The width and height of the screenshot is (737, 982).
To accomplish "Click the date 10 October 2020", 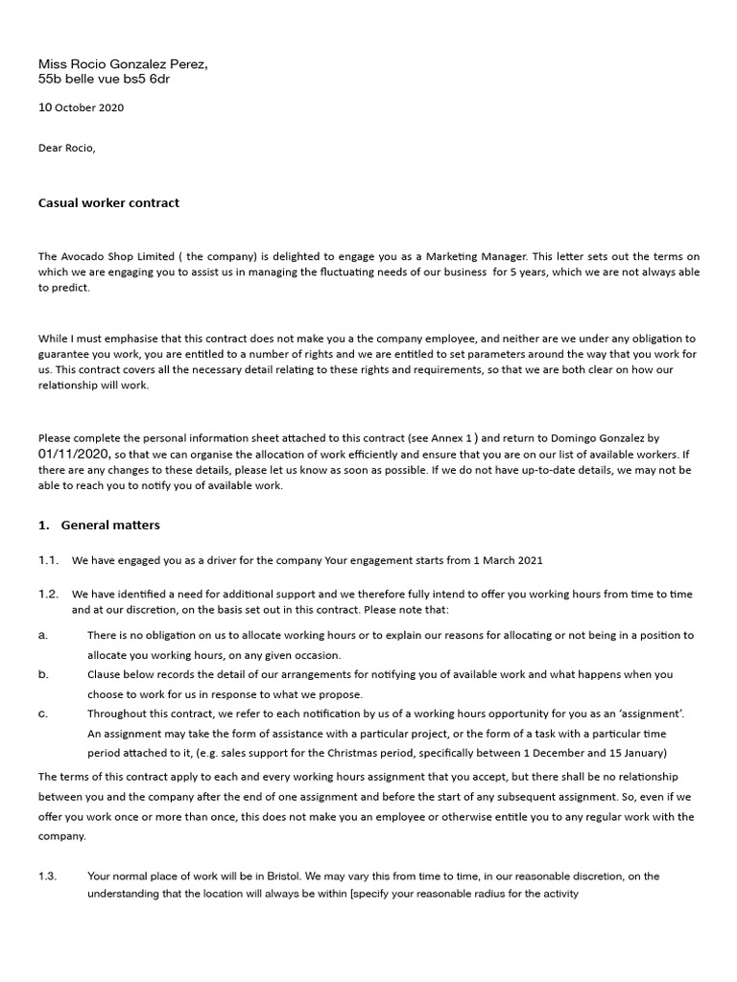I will coord(81,107).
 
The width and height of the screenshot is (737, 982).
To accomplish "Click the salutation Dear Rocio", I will coord(67,148).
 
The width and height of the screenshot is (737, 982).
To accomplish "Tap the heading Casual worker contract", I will coord(108,202).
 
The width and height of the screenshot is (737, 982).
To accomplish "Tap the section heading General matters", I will coord(110,525).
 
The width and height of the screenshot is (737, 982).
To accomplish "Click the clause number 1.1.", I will coord(49,560).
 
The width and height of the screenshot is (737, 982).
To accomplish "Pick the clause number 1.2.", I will coord(49,595).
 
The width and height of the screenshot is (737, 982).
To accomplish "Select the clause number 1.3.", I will coord(49,877).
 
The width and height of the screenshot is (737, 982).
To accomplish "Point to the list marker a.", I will coord(43,635).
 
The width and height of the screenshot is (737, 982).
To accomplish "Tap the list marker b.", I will coord(43,675).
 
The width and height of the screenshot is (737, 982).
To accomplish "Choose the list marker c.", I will coord(43,714).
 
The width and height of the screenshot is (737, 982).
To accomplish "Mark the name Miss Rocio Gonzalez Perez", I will coord(122,64).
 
